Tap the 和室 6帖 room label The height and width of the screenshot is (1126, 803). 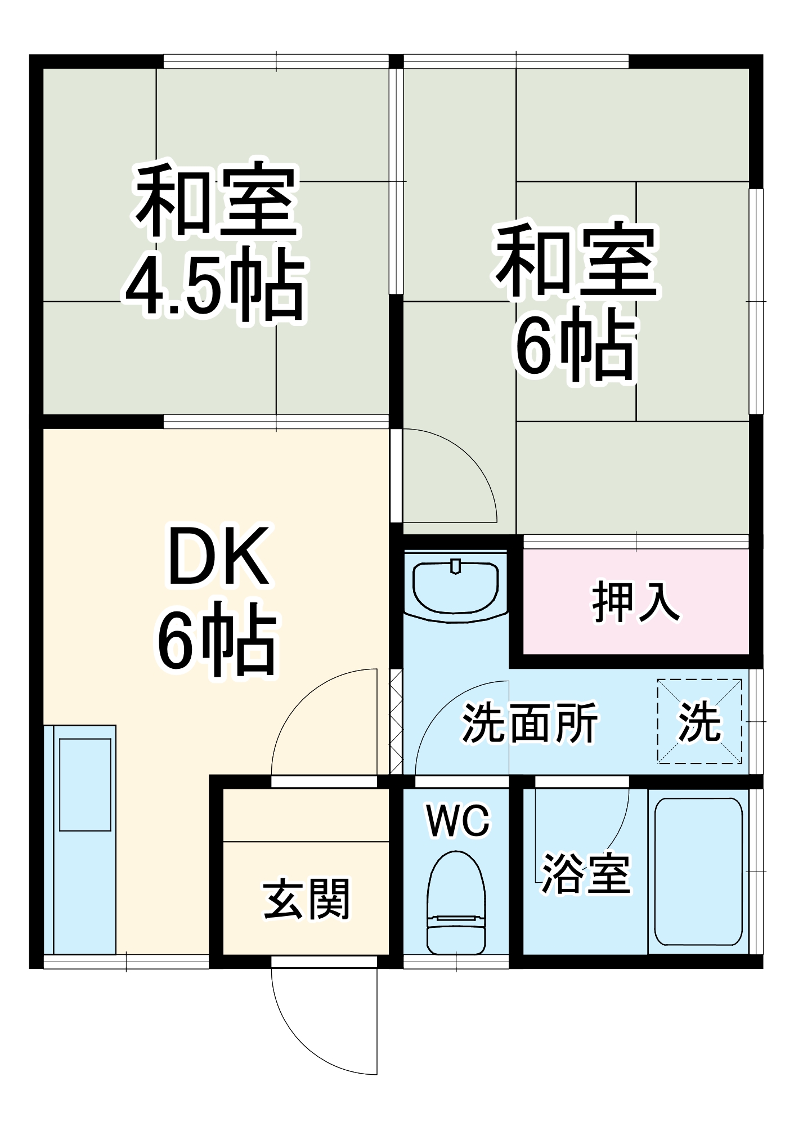pyautogui.click(x=576, y=301)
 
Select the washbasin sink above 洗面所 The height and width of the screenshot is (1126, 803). pyautogui.click(x=455, y=587)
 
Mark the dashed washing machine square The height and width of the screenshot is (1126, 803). pyautogui.click(x=699, y=721)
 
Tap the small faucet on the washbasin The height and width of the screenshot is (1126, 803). pyautogui.click(x=456, y=566)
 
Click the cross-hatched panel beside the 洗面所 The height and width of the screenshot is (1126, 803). pyautogui.click(x=396, y=721)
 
